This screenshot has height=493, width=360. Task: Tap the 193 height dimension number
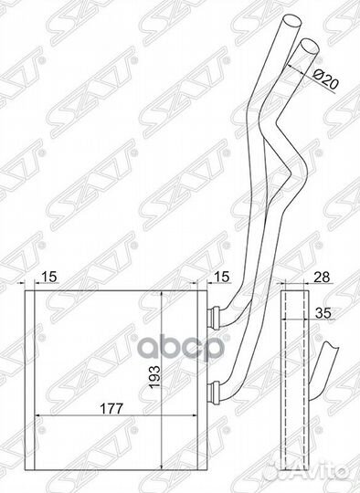[x=155, y=377]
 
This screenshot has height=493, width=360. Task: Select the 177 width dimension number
[x=111, y=408]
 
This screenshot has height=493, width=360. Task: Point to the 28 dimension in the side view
[x=323, y=277]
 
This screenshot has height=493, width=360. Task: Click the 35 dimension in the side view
[x=323, y=312]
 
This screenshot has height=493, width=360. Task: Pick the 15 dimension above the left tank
[x=49, y=277]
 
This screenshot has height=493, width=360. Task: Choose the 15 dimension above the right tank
[x=222, y=277]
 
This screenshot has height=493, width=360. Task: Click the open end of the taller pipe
[x=292, y=22]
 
